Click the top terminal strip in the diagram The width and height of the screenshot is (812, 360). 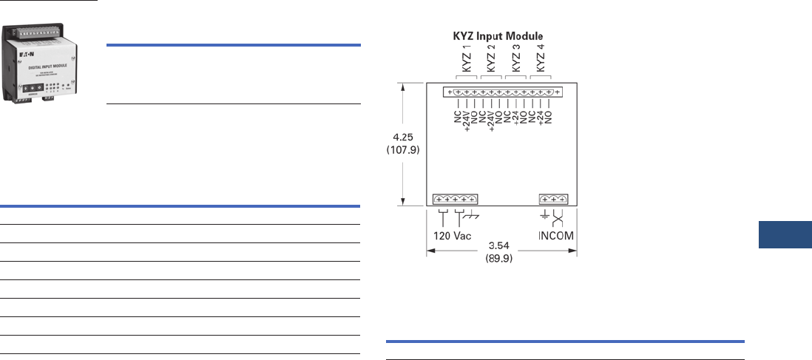(502, 92)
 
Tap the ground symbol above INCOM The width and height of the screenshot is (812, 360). (546, 216)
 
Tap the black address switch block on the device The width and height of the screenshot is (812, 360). (33, 97)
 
